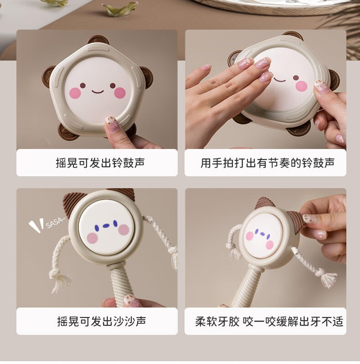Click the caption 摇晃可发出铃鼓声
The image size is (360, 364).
click(x=100, y=163)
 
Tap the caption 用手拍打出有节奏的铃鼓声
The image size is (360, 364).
click(x=267, y=163)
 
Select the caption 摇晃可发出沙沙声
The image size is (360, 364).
click(x=102, y=321)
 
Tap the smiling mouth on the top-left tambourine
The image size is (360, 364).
click(x=98, y=92)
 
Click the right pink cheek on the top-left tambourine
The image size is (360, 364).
click(x=120, y=92)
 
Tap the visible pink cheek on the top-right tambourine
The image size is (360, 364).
click(x=302, y=86)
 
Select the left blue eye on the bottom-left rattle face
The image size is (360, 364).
click(x=97, y=228)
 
